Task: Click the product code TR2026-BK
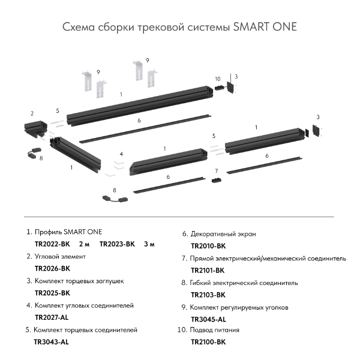pos(52,268)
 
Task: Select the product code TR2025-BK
pos(52,293)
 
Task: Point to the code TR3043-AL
pos(52,342)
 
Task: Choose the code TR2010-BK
pos(208,246)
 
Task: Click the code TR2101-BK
pos(208,270)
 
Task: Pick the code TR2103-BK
pos(208,295)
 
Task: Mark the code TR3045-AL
pos(208,319)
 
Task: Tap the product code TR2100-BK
pos(208,342)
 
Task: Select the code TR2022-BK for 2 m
pos(52,244)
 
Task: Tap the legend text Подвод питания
pos(214,330)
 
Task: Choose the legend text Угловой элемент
pos(60,256)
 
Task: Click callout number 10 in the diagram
pos(217,79)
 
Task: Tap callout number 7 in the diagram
pos(216,172)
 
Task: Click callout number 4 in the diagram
pos(121,154)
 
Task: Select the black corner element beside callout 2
pos(35,127)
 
